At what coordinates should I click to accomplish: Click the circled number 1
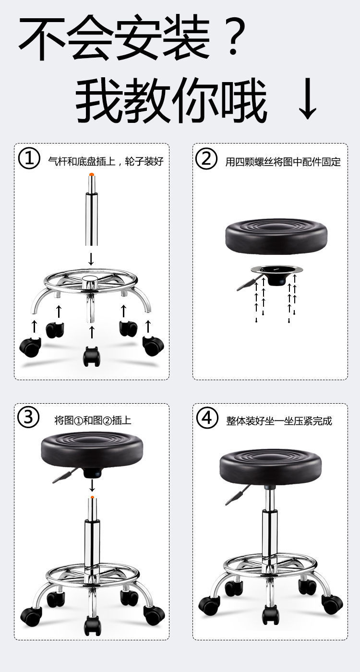(29, 159)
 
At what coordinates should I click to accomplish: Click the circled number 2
(206, 159)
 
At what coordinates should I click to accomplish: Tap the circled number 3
(29, 418)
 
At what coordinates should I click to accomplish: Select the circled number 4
(206, 418)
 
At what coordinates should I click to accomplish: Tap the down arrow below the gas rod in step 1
(91, 259)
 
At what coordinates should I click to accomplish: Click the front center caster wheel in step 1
(91, 356)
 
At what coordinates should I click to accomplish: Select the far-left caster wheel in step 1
(30, 347)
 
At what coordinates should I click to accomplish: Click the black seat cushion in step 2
(276, 237)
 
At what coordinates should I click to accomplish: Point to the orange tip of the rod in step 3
(92, 497)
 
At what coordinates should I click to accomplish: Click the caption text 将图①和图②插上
(93, 421)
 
